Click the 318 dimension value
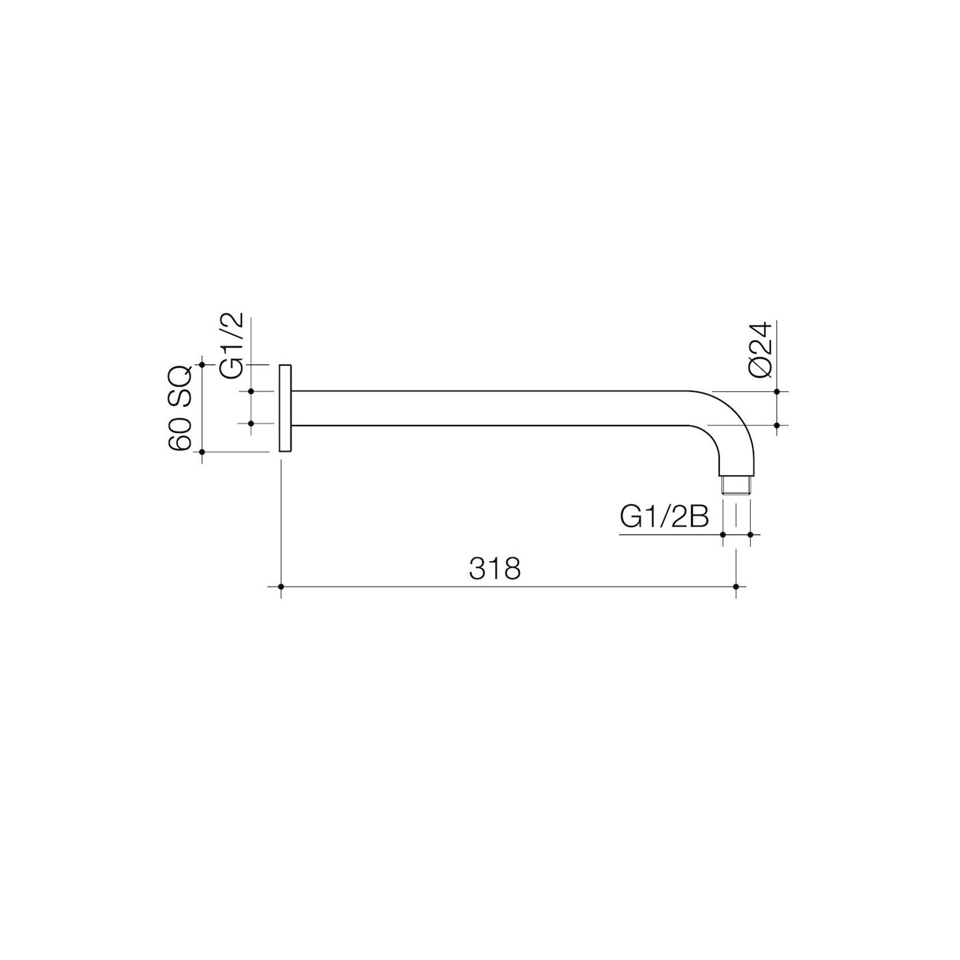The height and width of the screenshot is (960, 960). tap(494, 569)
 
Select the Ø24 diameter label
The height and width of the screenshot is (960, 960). tap(761, 350)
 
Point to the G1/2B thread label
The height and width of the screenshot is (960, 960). tap(664, 518)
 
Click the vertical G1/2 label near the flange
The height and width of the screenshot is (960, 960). tap(233, 345)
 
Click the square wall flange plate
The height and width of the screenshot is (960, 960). tap(285, 408)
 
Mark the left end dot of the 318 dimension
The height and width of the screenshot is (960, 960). tap(281, 587)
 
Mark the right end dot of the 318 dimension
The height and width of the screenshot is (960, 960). tap(736, 587)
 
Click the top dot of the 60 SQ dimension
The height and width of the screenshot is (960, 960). tap(202, 364)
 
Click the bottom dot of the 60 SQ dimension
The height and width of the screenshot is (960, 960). tap(202, 452)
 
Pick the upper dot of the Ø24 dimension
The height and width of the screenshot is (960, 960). tap(777, 391)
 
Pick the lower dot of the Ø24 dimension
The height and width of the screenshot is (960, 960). tap(777, 425)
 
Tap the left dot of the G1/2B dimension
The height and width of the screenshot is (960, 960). tap(723, 534)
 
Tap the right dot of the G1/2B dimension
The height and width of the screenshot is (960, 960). tap(750, 534)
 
